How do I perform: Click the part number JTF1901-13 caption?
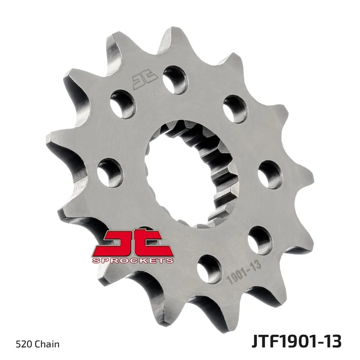coord(297,342)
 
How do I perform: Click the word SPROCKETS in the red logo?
coord(133,261)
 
